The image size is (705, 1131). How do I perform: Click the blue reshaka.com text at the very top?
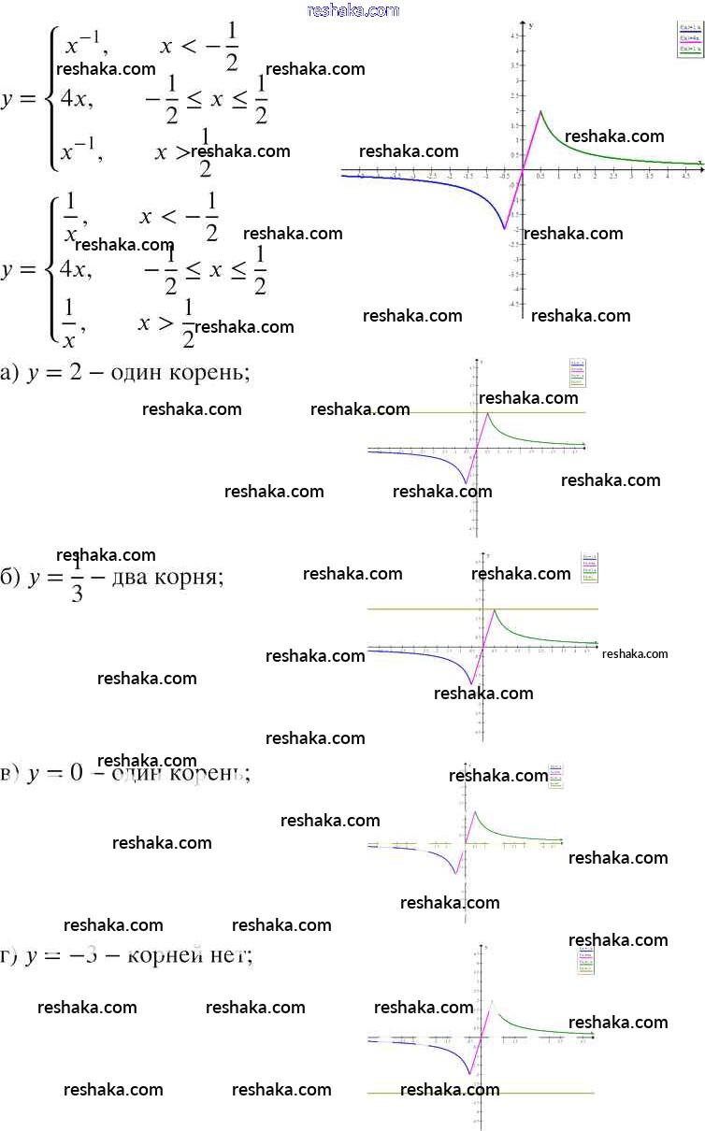[x=352, y=10]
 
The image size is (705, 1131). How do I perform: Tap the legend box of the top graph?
[x=689, y=40]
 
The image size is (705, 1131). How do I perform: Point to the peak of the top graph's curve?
[x=540, y=111]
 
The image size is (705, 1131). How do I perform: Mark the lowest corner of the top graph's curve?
[x=505, y=228]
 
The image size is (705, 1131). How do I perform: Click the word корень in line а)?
[x=210, y=373]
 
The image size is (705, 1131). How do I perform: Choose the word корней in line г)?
[x=169, y=956]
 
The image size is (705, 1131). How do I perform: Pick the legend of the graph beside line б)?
[x=588, y=567]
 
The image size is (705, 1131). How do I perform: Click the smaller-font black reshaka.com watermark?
[x=636, y=654]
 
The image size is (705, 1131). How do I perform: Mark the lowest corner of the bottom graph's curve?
[x=470, y=1075]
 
